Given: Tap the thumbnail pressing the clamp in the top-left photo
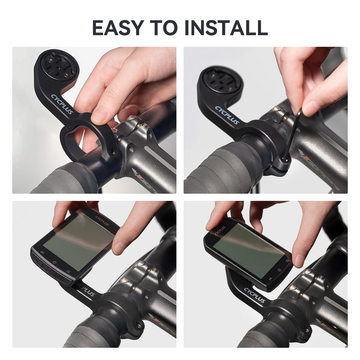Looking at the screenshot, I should [x=100, y=115].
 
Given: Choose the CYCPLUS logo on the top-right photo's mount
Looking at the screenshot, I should [x=227, y=115].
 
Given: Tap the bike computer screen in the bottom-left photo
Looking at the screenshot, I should [x=78, y=242].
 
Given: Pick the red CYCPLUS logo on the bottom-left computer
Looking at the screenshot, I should [x=102, y=221].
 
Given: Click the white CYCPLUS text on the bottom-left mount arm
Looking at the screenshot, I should [x=86, y=291].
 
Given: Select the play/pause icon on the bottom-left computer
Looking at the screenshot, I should [x=42, y=252].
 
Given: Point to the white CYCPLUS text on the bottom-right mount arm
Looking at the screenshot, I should [x=255, y=295].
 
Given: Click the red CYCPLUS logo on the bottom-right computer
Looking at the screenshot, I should [x=220, y=230].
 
